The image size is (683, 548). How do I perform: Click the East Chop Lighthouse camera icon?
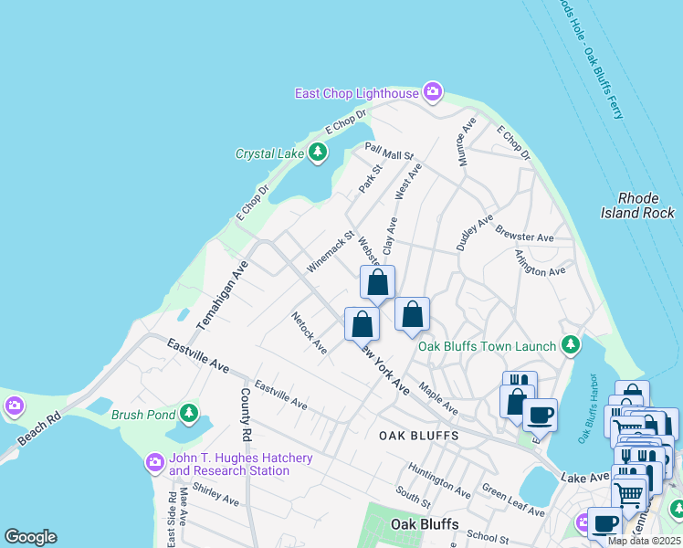coord(433,92)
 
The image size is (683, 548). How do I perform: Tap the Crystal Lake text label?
coord(269,153)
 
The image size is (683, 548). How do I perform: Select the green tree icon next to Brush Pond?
coord(189,414)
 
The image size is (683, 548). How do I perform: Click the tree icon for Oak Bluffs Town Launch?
coord(571,345)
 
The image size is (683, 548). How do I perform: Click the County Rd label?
coord(246,407)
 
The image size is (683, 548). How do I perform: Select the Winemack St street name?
coord(330,253)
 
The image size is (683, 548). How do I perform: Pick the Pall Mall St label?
coord(390,151)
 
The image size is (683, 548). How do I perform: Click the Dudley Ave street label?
coord(475,233)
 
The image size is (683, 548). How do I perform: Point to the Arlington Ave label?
coord(540,264)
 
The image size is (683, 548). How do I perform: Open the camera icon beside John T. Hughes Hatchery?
coord(155,464)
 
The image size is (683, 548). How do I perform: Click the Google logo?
coord(30,537)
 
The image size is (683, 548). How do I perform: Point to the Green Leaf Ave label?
coord(513,501)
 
